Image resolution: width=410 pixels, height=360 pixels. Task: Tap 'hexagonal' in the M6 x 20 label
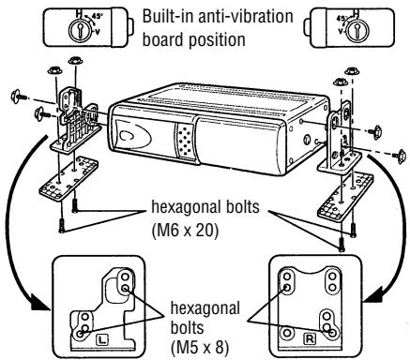pos(202,207)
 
